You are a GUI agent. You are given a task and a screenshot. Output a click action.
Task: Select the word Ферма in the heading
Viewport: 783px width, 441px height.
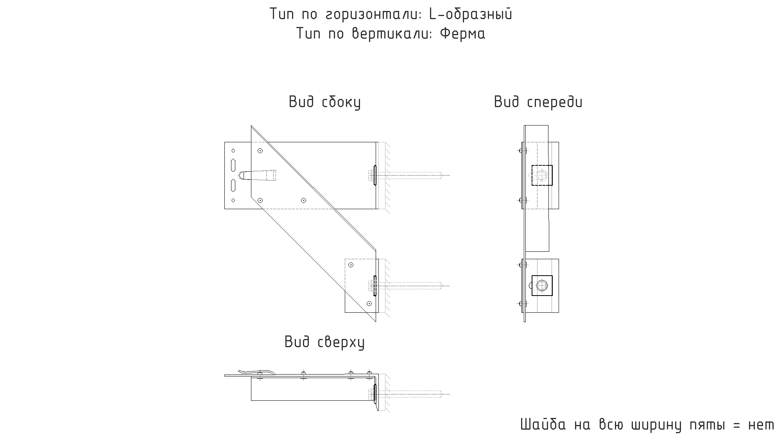click(462, 34)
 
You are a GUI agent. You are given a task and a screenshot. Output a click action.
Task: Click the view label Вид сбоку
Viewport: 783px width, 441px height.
click(324, 102)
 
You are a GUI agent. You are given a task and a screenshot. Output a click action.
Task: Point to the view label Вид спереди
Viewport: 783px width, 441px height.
click(538, 102)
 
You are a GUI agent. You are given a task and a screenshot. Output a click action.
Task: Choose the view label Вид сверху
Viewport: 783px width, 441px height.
click(324, 342)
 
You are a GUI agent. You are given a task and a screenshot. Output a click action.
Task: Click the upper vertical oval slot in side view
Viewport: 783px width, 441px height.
click(233, 165)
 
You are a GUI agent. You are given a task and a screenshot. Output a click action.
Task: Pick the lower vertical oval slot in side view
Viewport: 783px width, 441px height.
click(233, 185)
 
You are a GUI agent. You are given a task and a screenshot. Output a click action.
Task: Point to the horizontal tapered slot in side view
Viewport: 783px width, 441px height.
click(258, 175)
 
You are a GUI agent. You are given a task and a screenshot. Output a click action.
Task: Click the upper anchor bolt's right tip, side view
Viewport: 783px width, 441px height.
click(450, 175)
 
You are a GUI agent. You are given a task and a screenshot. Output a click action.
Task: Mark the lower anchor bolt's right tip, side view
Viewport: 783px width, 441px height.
click(450, 286)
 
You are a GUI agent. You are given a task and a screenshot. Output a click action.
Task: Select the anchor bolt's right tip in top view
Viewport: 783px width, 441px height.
click(450, 394)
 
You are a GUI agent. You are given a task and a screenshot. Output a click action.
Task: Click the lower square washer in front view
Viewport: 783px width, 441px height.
click(542, 286)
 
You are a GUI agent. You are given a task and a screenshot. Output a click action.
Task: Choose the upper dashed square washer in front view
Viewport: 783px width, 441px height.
click(542, 175)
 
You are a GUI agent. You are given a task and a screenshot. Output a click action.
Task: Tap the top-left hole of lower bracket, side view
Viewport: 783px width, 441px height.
click(351, 265)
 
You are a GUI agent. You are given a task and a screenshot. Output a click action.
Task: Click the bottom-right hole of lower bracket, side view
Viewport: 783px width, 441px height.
click(369, 303)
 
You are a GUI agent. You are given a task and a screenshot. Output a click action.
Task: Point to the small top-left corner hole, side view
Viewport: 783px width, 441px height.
click(233, 151)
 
